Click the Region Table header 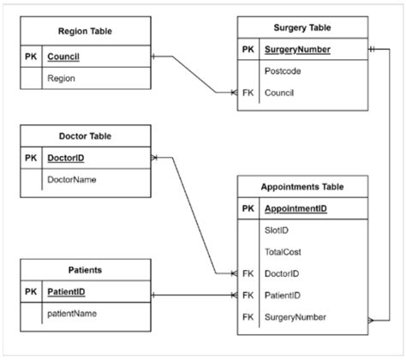tap(85, 32)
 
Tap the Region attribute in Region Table tap(62, 78)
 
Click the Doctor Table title tap(85, 135)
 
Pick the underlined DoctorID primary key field tap(66, 159)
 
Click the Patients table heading tap(85, 269)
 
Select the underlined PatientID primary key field tap(67, 292)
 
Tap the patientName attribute tap(72, 313)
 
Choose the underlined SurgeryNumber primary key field tap(298, 50)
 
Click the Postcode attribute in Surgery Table tap(283, 71)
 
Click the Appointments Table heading tap(302, 185)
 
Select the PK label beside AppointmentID tap(248, 208)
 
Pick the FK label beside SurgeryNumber tap(248, 316)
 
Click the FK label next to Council tap(248, 92)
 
